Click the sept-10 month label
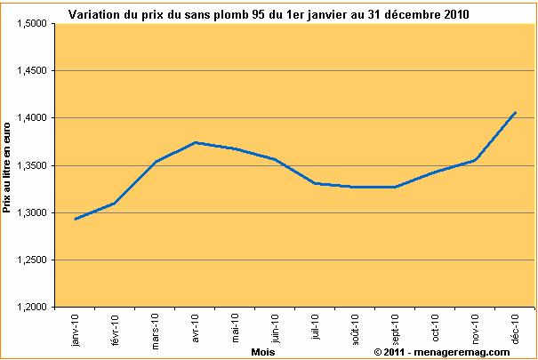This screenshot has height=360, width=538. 395,329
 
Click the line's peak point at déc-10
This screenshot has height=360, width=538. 515,112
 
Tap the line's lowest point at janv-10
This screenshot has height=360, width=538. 76,219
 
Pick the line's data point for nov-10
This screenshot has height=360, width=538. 476,160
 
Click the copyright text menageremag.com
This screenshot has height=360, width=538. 442,351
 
